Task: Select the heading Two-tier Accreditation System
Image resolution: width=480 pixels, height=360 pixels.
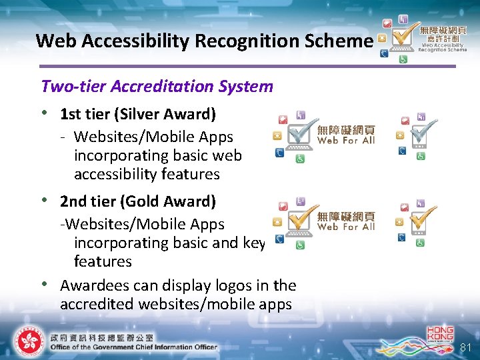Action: (157, 86)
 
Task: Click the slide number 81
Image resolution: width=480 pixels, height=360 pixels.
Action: (465, 347)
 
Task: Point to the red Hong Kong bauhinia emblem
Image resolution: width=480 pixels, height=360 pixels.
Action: (28, 341)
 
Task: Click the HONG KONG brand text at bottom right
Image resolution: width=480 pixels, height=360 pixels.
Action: (440, 334)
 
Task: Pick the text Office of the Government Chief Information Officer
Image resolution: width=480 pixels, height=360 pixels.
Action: (133, 347)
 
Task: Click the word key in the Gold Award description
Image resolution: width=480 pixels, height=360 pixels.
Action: (255, 243)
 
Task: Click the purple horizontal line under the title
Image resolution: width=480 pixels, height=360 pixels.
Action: (247, 66)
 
